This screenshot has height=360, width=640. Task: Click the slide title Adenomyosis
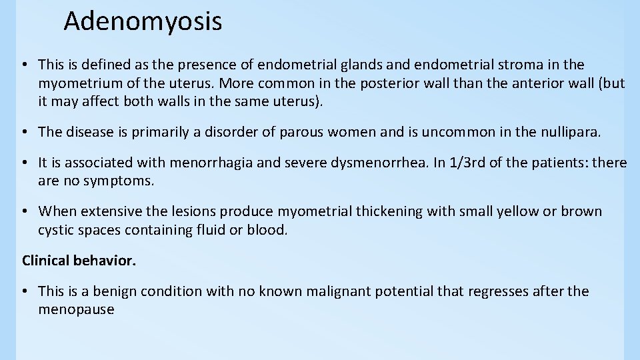(x=143, y=21)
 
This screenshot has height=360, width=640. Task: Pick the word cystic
(x=56, y=230)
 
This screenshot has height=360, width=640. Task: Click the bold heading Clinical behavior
(x=79, y=260)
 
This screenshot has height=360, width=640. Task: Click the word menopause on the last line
(x=76, y=310)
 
